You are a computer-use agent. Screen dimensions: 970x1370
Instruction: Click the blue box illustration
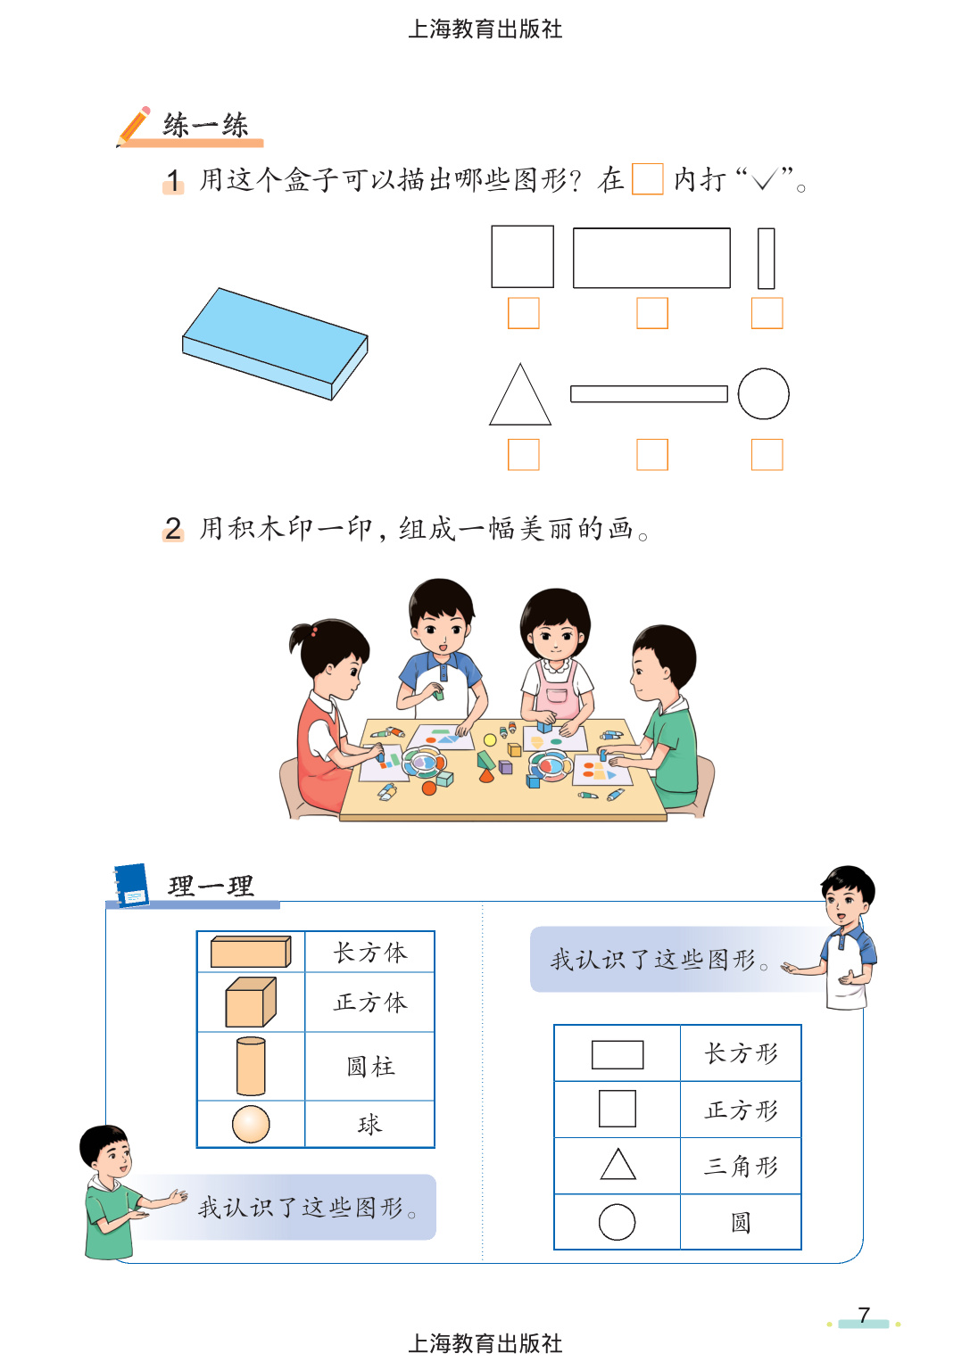point(275,343)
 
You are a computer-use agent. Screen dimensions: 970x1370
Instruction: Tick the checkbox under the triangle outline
point(523,454)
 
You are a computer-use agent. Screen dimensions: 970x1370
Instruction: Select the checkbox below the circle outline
point(767,454)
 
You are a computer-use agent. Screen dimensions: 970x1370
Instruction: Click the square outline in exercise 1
point(522,257)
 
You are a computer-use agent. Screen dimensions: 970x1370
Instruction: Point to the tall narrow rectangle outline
point(766,259)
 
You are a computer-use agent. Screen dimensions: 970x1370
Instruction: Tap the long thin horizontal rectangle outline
point(649,393)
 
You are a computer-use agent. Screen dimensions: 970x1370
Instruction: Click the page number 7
point(863,1315)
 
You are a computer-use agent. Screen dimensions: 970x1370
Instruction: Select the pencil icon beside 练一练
point(134,126)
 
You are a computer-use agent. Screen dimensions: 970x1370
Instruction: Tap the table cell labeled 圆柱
point(369,1066)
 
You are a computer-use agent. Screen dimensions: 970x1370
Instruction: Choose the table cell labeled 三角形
point(741,1166)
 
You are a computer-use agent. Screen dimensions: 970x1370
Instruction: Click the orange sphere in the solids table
point(251,1124)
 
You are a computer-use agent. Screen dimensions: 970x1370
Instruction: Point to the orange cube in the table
point(250,1002)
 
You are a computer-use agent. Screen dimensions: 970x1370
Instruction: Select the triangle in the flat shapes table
point(618,1166)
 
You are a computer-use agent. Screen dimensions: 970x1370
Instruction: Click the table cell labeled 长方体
point(369,952)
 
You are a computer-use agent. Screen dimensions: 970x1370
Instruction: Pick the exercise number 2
point(173,528)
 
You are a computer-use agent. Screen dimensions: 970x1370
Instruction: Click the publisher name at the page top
point(485,29)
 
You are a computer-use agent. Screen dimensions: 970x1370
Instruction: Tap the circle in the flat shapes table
point(617,1222)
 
